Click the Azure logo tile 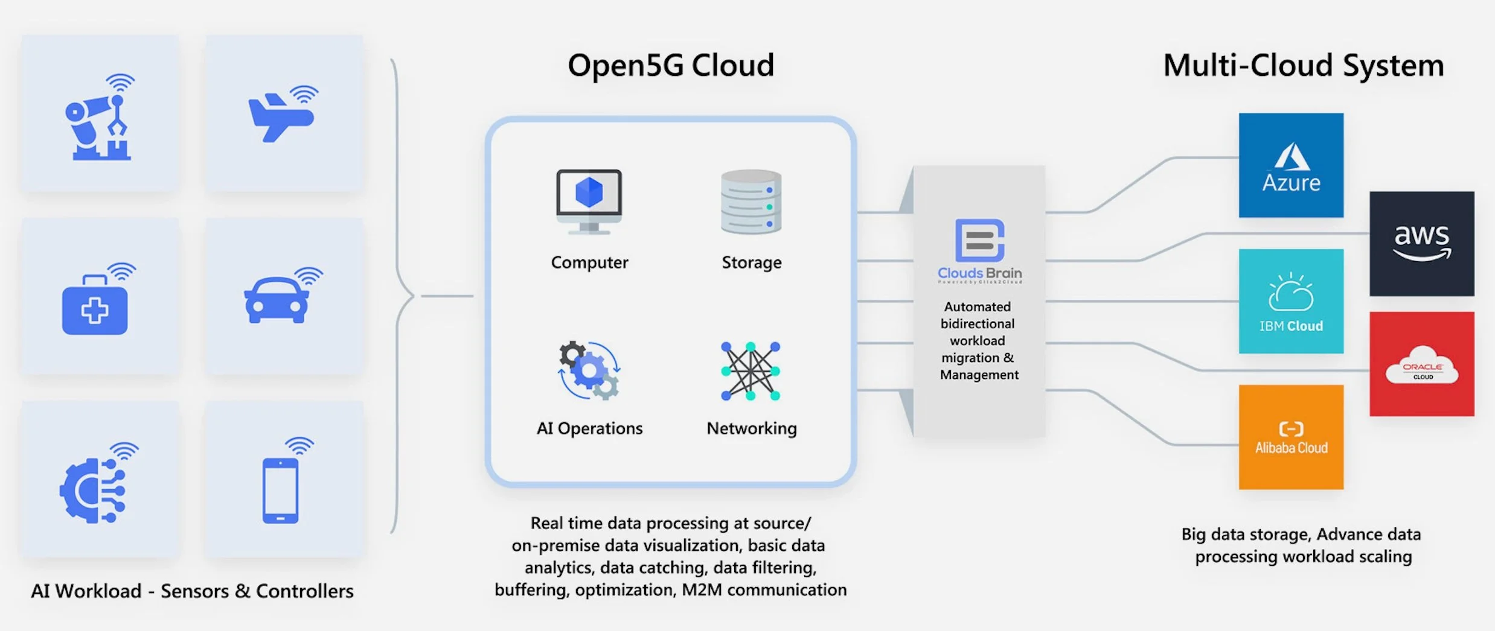pyautogui.click(x=1291, y=165)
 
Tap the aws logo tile pyautogui.click(x=1421, y=244)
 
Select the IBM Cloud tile pyautogui.click(x=1291, y=301)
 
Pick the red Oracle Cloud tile pyautogui.click(x=1421, y=364)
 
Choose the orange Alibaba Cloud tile pyautogui.click(x=1291, y=437)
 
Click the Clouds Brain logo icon pyautogui.click(x=979, y=240)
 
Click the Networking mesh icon pyautogui.click(x=751, y=371)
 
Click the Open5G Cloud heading pyautogui.click(x=671, y=65)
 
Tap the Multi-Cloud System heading pyautogui.click(x=1303, y=65)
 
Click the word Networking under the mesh pyautogui.click(x=752, y=428)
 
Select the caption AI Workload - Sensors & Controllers pyautogui.click(x=192, y=591)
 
